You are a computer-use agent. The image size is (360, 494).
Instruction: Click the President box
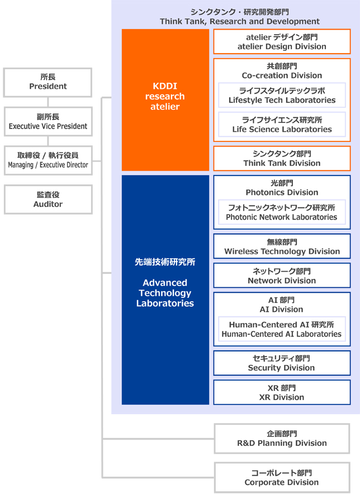point(48,82)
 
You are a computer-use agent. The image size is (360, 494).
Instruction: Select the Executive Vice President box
point(48,122)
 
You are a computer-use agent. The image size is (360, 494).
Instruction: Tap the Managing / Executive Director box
point(48,160)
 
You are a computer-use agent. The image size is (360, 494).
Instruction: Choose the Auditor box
point(48,199)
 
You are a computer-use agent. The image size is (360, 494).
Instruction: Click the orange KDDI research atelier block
point(165,100)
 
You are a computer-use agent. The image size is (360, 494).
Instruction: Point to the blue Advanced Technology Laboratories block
point(165,290)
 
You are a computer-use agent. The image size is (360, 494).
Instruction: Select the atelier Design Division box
point(282,41)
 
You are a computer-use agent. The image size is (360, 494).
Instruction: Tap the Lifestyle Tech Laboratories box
point(282,95)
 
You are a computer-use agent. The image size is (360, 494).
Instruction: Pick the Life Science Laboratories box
point(282,125)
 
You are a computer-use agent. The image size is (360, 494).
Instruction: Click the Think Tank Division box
point(282,159)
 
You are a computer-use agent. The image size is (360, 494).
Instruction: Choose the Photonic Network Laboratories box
point(282,212)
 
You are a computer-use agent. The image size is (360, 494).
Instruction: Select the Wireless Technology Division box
point(282,246)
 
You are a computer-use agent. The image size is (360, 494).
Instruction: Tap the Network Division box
point(282,275)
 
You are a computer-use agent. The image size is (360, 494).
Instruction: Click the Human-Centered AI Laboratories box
point(282,329)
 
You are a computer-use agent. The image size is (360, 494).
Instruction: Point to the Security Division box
point(282,363)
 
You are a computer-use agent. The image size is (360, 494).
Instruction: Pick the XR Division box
point(282,392)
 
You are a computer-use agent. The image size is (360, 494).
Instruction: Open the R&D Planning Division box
point(282,439)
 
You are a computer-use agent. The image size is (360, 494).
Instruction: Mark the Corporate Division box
point(282,478)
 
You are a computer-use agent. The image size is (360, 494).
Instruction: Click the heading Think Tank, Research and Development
point(240,21)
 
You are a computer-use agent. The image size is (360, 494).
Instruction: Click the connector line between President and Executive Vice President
point(48,102)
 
